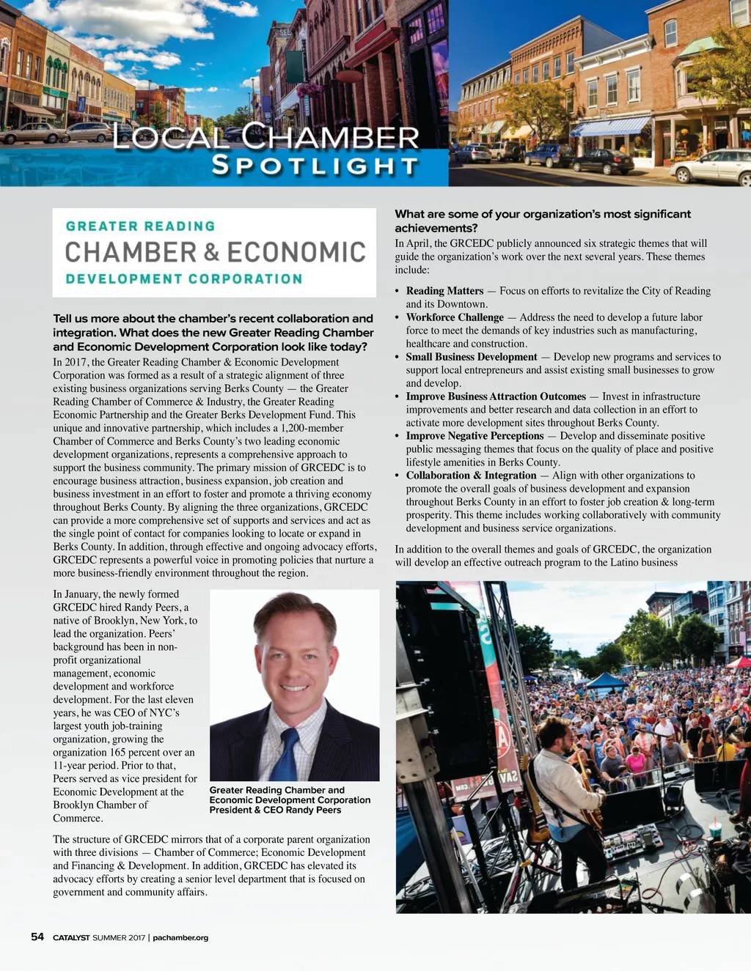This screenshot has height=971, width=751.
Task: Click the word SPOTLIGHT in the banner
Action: coord(315,166)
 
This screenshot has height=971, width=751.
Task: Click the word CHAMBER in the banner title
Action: coord(331,136)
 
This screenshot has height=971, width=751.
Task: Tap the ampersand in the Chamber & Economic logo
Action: coord(212,253)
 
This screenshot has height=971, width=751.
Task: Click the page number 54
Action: coord(37,937)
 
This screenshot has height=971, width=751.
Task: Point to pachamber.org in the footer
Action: coord(180,937)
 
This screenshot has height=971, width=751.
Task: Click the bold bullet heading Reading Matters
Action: coord(444,291)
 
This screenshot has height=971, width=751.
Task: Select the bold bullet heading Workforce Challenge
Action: coord(455,317)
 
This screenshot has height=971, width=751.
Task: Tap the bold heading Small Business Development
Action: coord(472,357)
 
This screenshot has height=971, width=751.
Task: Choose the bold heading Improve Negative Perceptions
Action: coord(475,436)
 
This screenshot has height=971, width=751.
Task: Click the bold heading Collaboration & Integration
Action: coord(471,476)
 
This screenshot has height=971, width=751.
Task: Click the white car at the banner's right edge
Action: coord(711,166)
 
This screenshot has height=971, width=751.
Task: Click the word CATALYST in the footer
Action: coord(71,937)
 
